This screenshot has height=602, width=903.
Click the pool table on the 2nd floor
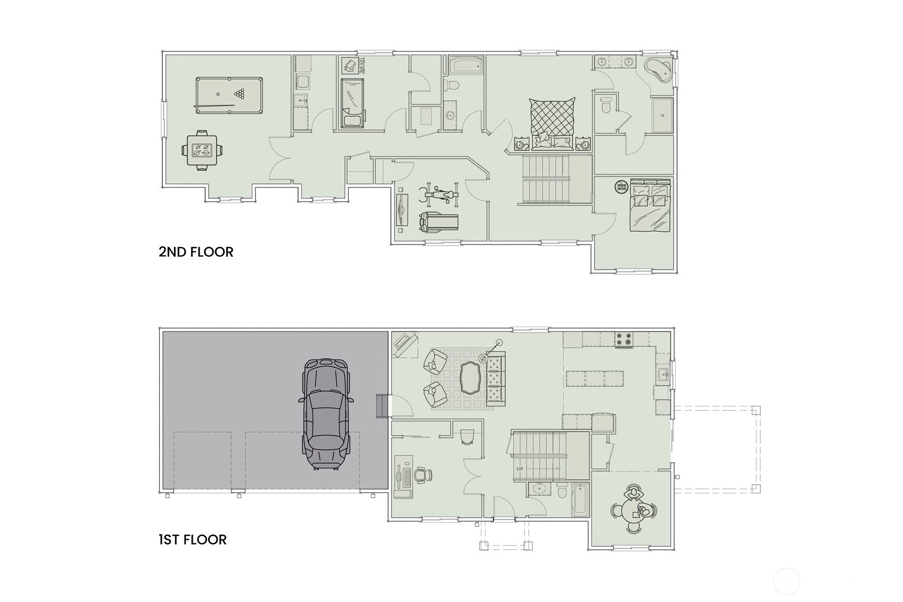[229, 95]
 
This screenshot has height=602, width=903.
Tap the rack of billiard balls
[240, 94]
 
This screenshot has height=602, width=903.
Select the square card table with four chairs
[202, 150]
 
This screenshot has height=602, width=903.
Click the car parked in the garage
[326, 414]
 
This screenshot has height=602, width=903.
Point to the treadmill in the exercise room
[439, 222]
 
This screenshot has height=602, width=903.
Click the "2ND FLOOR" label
[196, 252]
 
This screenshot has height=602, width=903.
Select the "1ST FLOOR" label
[193, 540]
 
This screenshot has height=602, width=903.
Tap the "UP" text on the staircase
[520, 469]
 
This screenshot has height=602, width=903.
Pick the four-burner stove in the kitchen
[623, 339]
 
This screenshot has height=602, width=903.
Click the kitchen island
[595, 379]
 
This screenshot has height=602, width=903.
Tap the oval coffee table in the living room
[470, 378]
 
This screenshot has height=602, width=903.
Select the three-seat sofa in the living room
[496, 379]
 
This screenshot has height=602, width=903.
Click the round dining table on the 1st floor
[634, 512]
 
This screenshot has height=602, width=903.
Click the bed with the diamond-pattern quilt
[552, 123]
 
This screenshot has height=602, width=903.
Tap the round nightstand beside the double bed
[622, 186]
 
